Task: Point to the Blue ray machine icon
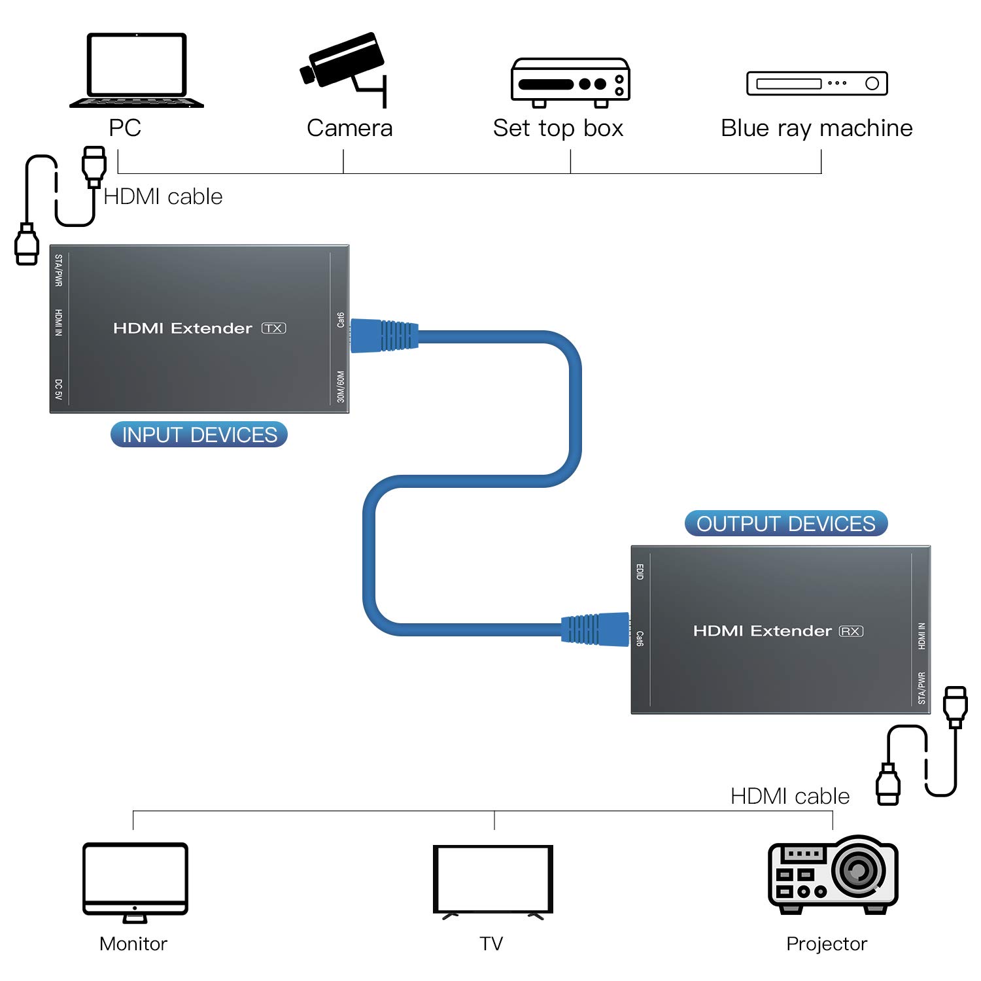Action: [817, 83]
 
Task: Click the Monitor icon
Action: [135, 882]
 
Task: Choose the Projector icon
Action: [833, 874]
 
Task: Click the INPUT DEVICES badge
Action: [199, 435]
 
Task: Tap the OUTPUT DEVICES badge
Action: [785, 524]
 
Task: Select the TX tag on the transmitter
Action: [274, 328]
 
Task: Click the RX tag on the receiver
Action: [851, 631]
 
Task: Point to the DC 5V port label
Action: [59, 389]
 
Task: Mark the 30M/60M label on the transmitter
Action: [340, 387]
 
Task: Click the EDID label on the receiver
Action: [640, 572]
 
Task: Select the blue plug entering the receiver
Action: [595, 630]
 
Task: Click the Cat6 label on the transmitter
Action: [340, 320]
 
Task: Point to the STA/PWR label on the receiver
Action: [921, 688]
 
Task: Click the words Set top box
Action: [558, 128]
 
